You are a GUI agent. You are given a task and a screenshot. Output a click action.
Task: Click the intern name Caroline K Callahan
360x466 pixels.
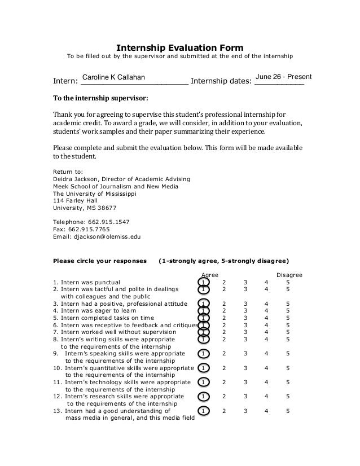[113, 77]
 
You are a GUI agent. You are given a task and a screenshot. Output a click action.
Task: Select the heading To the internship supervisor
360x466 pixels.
[100, 97]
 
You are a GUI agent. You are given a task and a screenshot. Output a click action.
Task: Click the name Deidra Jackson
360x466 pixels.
[74, 179]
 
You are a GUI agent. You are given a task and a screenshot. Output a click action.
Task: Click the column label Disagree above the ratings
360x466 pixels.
[289, 275]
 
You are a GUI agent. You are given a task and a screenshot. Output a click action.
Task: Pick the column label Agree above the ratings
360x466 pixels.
[210, 275]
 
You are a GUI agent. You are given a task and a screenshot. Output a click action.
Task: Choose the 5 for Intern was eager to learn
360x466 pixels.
[288, 310]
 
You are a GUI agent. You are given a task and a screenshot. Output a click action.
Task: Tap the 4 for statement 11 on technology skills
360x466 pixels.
[266, 382]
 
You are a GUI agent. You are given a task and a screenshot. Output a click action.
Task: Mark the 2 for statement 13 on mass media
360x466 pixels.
[224, 411]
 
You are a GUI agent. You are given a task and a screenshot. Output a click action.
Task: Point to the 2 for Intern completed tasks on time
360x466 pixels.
[224, 318]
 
